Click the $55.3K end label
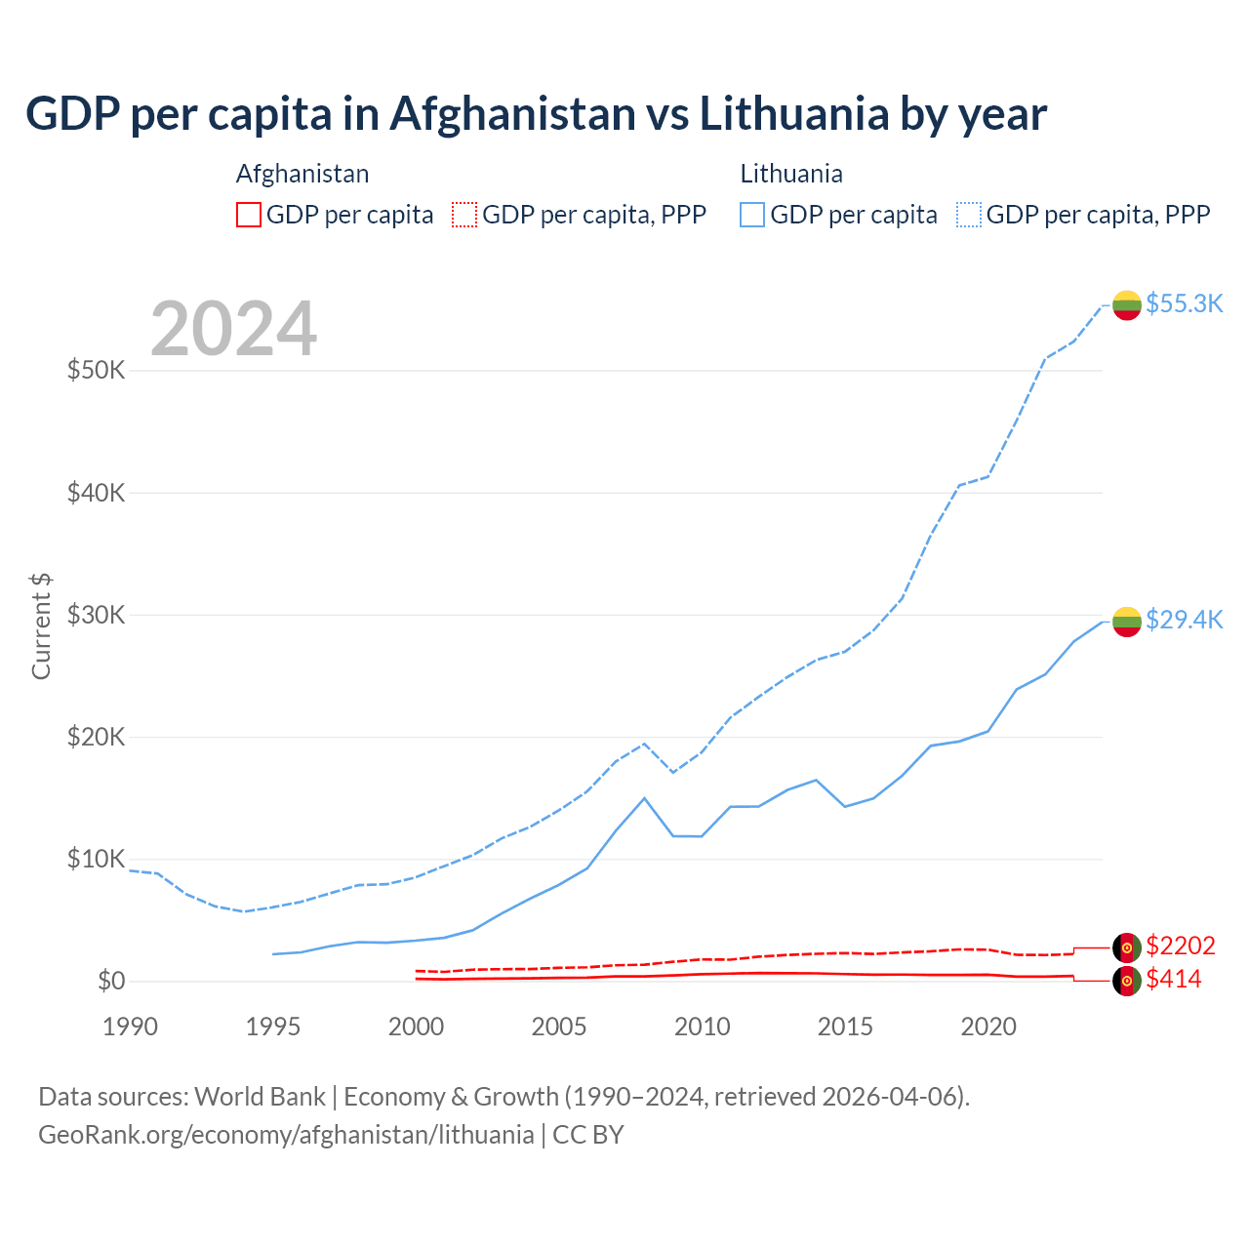(x=1184, y=303)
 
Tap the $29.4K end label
(x=1184, y=620)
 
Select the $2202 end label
(x=1181, y=946)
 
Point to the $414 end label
(x=1174, y=979)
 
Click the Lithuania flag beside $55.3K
(x=1127, y=304)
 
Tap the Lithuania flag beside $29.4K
(x=1127, y=621)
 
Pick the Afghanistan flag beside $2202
(x=1127, y=947)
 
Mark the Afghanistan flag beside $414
(x=1127, y=981)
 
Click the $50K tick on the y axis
(x=96, y=371)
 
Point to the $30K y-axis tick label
(x=96, y=615)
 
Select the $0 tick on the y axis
(x=111, y=981)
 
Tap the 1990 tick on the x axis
(x=130, y=1027)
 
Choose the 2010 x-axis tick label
(x=703, y=1027)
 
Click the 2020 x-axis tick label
(x=988, y=1027)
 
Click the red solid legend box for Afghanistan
(x=249, y=215)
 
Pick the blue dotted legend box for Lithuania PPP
(x=969, y=215)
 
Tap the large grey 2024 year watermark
(x=233, y=329)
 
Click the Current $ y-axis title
(x=41, y=626)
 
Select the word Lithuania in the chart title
(x=793, y=114)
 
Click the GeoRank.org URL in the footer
(x=286, y=1135)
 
